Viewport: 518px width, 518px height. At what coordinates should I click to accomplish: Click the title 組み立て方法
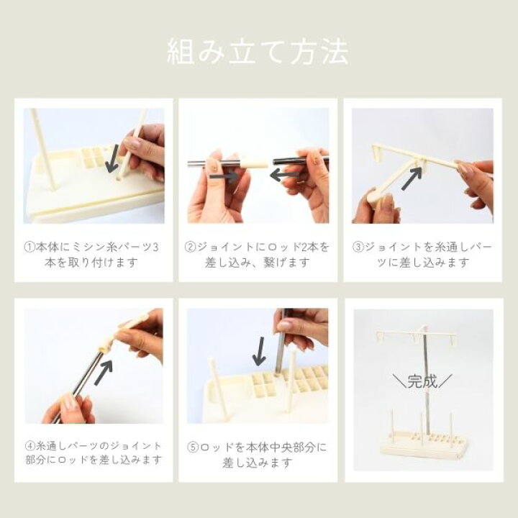tap(258, 52)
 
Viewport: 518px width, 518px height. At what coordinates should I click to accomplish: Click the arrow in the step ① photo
tap(113, 158)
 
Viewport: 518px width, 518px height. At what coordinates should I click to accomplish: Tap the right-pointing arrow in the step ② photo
tap(224, 176)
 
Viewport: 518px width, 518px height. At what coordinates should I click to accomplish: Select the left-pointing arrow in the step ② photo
tap(285, 175)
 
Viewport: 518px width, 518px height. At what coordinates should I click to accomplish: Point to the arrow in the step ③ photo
tap(412, 178)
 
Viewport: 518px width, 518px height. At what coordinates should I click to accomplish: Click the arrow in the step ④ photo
tap(104, 373)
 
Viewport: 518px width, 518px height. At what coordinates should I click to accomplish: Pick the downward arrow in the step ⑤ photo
tap(259, 351)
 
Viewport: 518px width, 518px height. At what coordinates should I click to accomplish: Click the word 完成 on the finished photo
tap(422, 381)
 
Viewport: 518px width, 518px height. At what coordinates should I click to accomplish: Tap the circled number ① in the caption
tap(29, 247)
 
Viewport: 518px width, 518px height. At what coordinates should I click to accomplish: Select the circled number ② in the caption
tap(190, 247)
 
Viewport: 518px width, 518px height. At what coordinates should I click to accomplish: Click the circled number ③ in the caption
tap(358, 247)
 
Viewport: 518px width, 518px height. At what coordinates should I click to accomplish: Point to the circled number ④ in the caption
tap(30, 445)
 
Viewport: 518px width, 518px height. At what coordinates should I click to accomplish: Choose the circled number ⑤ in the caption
tap(193, 447)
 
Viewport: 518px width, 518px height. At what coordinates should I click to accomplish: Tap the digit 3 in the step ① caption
tap(155, 247)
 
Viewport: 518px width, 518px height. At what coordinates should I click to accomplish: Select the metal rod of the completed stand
tap(427, 380)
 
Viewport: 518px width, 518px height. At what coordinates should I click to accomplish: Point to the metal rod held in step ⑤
tap(281, 344)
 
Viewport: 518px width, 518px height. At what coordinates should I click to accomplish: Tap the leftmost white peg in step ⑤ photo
tap(218, 386)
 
